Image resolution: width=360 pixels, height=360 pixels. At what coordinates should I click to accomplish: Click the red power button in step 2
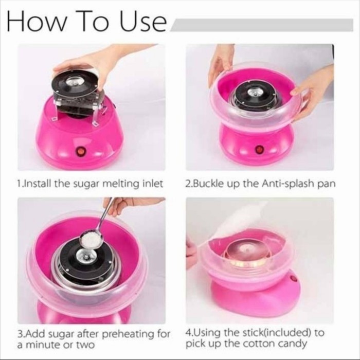coord(260,149)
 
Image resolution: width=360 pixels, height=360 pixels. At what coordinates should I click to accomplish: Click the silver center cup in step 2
coord(255,93)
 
